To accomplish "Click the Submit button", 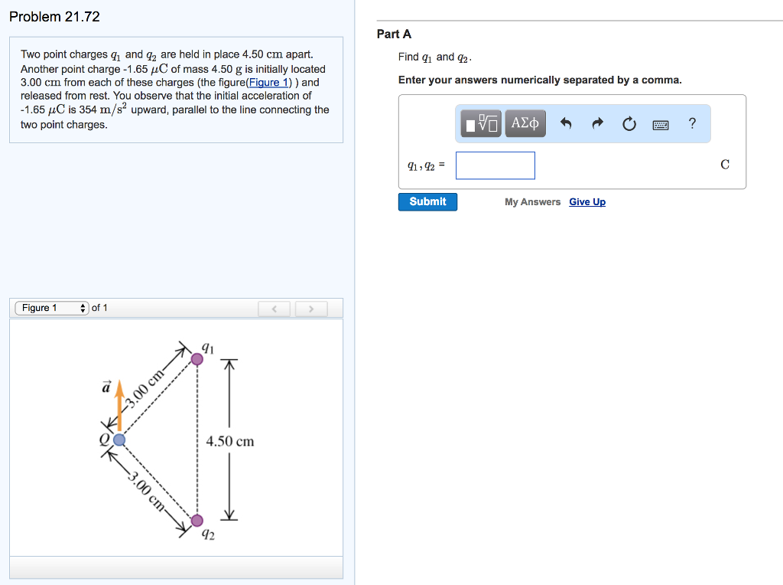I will tap(427, 201).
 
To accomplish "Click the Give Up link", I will tap(587, 202).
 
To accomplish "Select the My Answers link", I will tap(532, 202).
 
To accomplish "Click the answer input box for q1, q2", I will tap(495, 165).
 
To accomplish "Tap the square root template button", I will tap(481, 123).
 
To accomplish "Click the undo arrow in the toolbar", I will tap(565, 123).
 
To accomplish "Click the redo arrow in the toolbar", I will tap(598, 123).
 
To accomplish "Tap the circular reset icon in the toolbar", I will tap(629, 123).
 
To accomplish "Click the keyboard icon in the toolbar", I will tap(661, 124).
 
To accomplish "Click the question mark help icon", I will tap(692, 123).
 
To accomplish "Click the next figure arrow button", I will tap(311, 309).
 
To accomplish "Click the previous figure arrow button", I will tap(275, 309).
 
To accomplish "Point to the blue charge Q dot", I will tap(119, 440).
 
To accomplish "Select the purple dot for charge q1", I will tap(197, 358).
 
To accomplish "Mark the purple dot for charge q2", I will tap(197, 521).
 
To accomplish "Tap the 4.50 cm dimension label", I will tap(230, 441).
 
